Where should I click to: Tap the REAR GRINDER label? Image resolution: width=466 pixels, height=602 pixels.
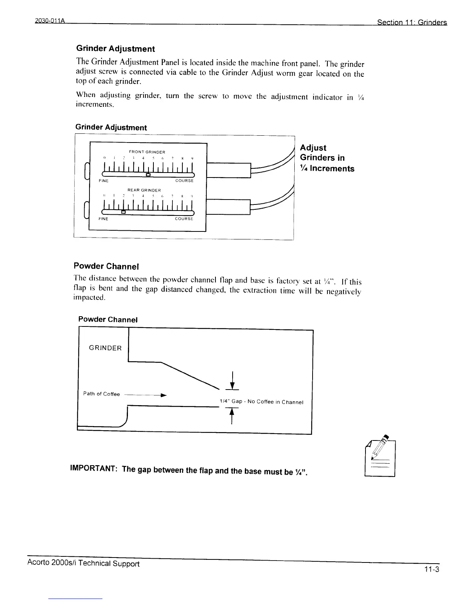[144, 190]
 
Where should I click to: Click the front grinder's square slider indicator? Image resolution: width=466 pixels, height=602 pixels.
[148, 175]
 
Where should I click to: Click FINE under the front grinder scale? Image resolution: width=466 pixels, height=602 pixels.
[104, 181]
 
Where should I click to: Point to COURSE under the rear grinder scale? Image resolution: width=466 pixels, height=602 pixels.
[184, 219]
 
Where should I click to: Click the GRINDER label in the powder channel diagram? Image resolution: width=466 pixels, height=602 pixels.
[105, 348]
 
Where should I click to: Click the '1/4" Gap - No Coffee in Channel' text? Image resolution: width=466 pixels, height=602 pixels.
[261, 402]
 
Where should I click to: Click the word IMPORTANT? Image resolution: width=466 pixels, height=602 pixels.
[93, 469]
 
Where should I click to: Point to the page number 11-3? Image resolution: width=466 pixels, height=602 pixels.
[432, 569]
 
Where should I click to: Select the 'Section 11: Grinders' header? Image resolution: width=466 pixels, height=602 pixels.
[412, 22]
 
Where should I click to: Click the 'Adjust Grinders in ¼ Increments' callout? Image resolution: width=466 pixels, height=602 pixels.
[327, 158]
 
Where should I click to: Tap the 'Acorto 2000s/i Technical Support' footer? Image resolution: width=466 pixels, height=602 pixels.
[83, 563]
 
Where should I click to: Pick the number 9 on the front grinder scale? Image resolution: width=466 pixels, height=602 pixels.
[192, 158]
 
